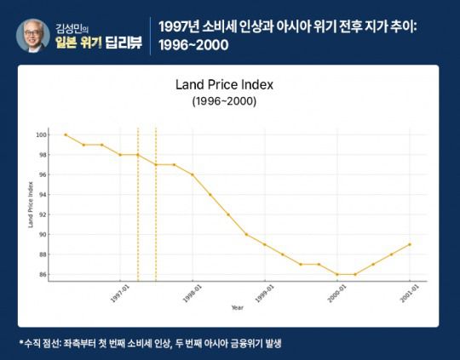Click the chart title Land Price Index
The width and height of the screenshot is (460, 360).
(x=224, y=85)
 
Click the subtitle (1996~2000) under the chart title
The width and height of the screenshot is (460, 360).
(x=224, y=101)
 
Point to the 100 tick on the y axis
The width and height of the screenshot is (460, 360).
(x=52, y=134)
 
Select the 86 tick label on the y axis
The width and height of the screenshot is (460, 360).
(x=53, y=274)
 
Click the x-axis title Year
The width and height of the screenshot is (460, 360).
(x=237, y=307)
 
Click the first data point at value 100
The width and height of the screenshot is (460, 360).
(x=66, y=134)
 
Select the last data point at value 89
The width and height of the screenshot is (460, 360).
(x=410, y=244)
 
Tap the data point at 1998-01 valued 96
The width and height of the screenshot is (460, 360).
(x=193, y=174)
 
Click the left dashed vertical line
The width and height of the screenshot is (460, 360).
(x=138, y=204)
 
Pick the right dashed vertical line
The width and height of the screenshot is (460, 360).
(x=156, y=204)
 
